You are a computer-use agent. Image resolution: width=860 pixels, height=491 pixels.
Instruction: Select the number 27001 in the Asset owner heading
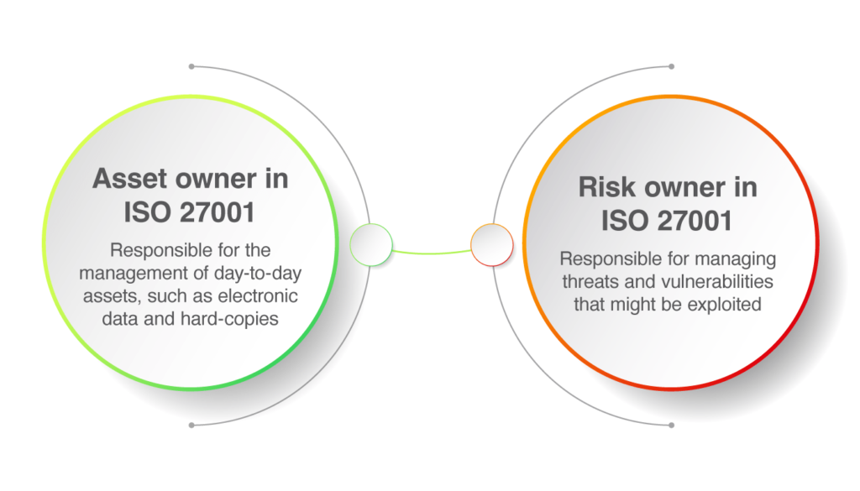[213, 213]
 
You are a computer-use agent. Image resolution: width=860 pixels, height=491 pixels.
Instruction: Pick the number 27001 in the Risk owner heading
[690, 221]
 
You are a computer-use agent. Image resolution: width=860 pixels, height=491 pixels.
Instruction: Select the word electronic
[256, 296]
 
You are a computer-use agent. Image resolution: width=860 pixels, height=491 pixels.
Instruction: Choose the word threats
[593, 281]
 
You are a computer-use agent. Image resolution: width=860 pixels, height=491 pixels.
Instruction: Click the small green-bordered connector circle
[370, 245]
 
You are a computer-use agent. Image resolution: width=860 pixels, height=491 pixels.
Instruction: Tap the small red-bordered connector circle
[491, 245]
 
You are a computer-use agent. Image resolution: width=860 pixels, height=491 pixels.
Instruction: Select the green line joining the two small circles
[431, 252]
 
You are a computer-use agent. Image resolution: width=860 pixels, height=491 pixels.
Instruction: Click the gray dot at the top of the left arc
[191, 65]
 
